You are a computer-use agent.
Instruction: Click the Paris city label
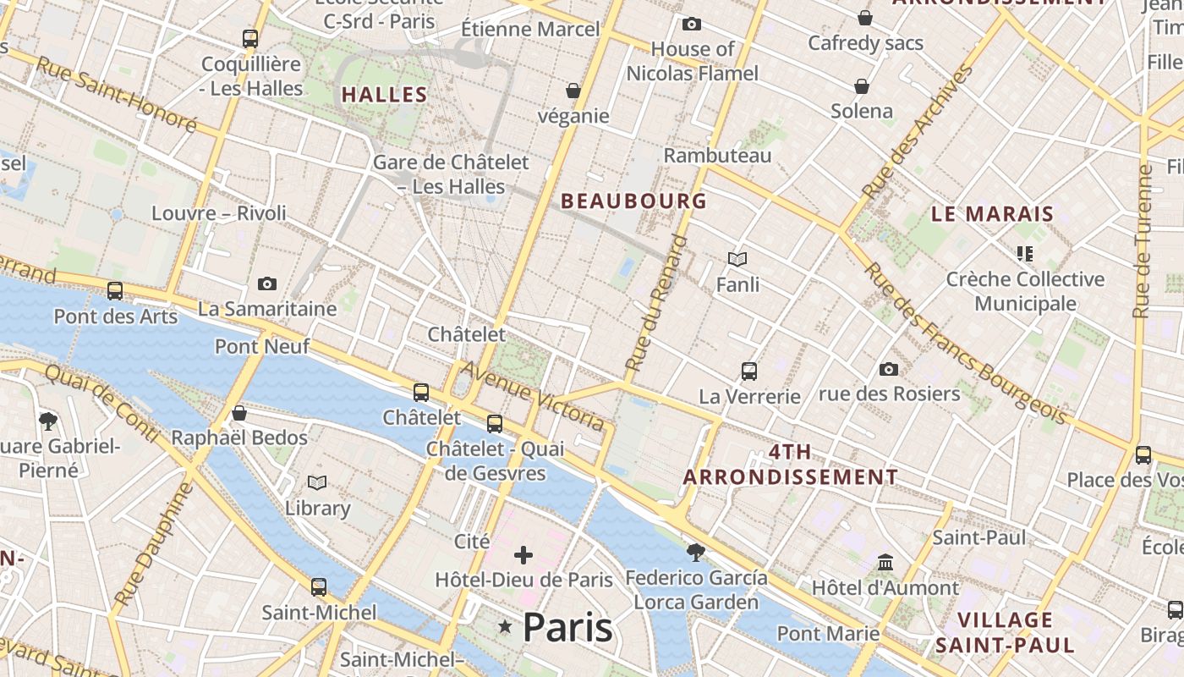(567, 627)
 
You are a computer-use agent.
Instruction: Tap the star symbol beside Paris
(505, 626)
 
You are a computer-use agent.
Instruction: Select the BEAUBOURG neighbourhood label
(633, 201)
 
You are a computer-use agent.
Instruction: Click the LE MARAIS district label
(992, 213)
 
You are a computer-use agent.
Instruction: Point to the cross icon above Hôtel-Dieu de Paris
(523, 555)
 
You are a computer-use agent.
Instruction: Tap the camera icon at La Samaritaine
(267, 284)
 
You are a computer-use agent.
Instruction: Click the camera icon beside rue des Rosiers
(888, 369)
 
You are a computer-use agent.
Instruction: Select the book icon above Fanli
(737, 259)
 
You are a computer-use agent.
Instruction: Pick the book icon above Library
(317, 482)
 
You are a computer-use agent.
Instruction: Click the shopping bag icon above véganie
(573, 91)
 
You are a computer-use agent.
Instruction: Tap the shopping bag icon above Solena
(862, 86)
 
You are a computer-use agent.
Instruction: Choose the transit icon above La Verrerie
(749, 371)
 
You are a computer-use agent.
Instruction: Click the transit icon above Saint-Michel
(319, 586)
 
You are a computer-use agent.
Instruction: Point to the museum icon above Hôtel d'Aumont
(885, 562)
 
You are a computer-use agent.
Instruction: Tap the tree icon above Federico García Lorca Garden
(696, 553)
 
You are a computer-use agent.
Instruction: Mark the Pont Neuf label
(262, 346)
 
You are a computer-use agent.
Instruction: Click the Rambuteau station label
(717, 156)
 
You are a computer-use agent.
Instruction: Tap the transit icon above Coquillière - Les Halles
(250, 39)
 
